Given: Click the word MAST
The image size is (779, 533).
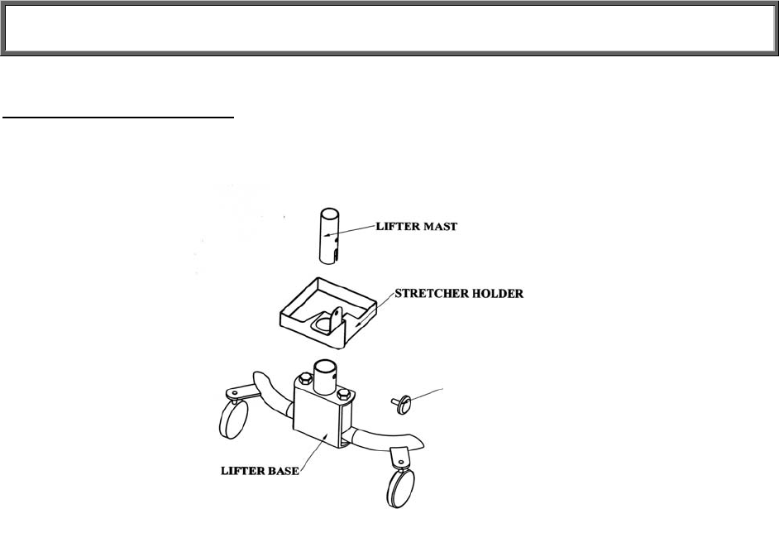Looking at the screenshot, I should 439,226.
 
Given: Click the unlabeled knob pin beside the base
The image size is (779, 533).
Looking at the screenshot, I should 404,403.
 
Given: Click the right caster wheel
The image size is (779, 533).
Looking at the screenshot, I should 402,487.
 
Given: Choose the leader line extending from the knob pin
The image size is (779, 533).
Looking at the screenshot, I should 426,393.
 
